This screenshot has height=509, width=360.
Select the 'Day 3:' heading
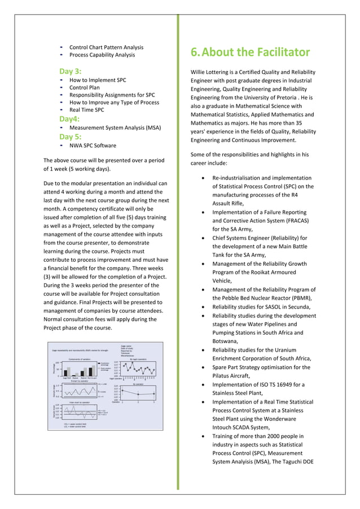[x=71, y=71]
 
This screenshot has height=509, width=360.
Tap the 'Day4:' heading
[x=70, y=119]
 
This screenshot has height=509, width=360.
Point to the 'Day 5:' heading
[x=71, y=137]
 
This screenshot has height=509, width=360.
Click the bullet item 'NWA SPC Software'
[x=93, y=146]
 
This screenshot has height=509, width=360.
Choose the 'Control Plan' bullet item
[x=85, y=88]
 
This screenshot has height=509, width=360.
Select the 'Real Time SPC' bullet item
[x=87, y=110]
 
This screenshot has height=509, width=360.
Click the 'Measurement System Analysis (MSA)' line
[x=115, y=128]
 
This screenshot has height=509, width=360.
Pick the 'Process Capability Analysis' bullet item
[x=102, y=55]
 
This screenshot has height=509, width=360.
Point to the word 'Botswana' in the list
[x=226, y=341]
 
